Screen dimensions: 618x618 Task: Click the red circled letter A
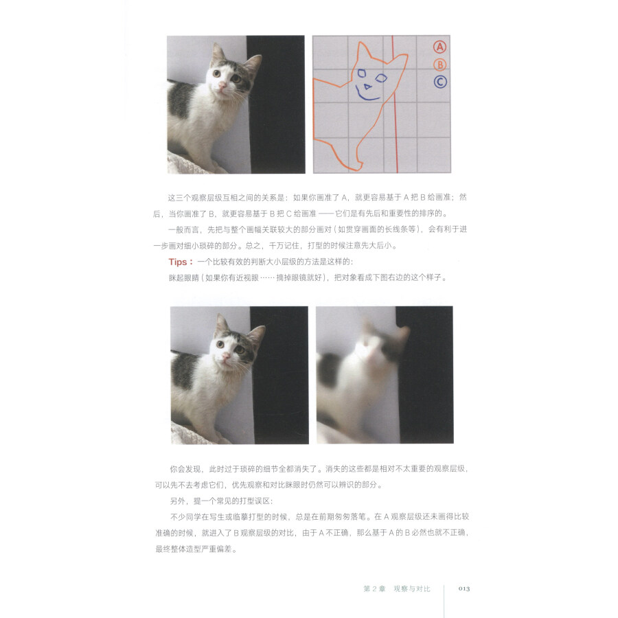coord(440,47)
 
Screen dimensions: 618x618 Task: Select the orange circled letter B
coord(440,65)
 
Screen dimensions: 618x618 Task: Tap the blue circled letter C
coord(440,82)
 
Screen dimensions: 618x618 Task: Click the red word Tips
coord(181,262)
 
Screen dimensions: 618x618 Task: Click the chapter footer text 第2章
coord(373,588)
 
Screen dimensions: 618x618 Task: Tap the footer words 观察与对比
coord(411,588)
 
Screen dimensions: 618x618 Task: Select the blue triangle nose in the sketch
coord(367,87)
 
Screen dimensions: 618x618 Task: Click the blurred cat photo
coord(385,374)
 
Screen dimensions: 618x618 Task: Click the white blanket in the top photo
coord(189,163)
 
